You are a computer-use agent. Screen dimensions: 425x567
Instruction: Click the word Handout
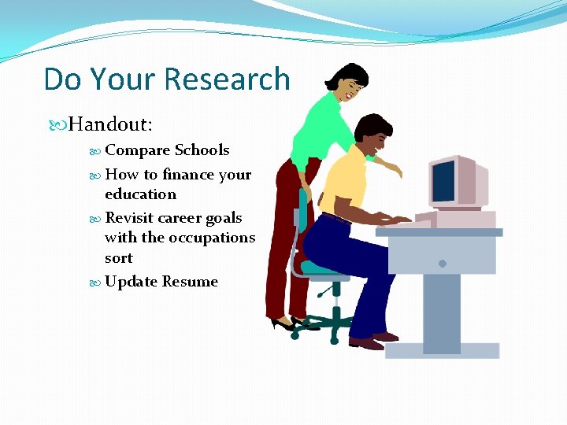coord(109,124)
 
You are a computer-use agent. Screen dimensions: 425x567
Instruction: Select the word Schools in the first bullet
coord(202,150)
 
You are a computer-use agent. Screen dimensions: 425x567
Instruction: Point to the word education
coord(140,194)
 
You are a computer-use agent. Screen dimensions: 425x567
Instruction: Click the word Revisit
coord(129,218)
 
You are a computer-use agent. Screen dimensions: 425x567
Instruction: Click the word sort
coord(118,258)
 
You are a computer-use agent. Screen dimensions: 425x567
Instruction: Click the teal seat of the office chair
coord(323,268)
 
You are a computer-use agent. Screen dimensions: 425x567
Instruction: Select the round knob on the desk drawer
coord(443,262)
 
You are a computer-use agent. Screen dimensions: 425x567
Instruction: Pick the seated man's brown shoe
coord(365,343)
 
